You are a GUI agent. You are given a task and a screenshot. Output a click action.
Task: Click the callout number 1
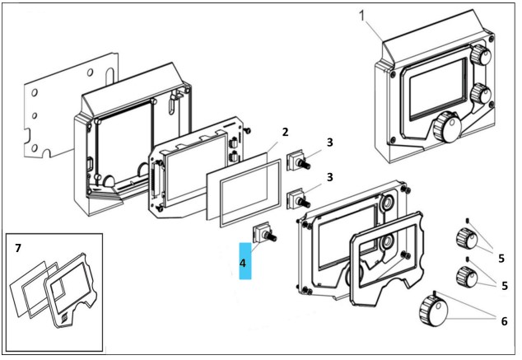click(x=363, y=16)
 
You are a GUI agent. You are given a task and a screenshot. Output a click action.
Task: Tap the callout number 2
click(x=286, y=132)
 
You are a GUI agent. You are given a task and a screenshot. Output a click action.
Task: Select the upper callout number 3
click(x=329, y=143)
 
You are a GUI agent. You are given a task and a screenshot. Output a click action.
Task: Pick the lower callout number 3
click(x=329, y=177)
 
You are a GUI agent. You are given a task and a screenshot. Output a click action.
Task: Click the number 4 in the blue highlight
click(x=243, y=263)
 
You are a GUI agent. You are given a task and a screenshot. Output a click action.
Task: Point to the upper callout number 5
click(x=501, y=258)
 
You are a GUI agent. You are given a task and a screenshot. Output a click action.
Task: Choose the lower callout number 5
click(x=505, y=285)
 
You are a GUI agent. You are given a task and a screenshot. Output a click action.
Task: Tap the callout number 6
click(x=505, y=321)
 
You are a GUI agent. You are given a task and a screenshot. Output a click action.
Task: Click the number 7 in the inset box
click(x=18, y=248)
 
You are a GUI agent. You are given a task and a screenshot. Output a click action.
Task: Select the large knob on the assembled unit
click(x=447, y=127)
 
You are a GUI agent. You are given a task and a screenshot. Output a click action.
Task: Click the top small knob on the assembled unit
click(x=480, y=55)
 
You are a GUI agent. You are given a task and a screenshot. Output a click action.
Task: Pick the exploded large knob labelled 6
click(x=433, y=311)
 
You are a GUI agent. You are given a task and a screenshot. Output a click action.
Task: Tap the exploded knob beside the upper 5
click(x=466, y=238)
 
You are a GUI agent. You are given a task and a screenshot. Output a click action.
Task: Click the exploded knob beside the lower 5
click(x=467, y=277)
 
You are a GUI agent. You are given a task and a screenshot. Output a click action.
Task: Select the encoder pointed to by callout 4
click(x=265, y=233)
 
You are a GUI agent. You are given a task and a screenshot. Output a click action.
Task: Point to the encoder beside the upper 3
click(x=299, y=160)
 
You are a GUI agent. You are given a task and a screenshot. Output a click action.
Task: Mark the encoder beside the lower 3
click(x=299, y=199)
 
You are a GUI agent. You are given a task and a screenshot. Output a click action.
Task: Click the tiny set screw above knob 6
click(x=435, y=292)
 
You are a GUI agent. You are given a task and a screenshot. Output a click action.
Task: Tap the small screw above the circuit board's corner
click(x=247, y=130)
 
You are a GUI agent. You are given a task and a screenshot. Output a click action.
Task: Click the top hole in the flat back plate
click(x=91, y=72)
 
